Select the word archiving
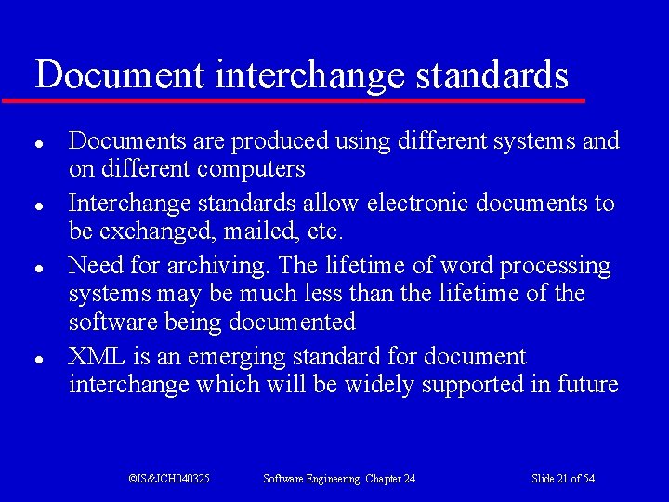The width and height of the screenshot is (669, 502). pyautogui.click(x=219, y=267)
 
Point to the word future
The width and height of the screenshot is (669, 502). pyautogui.click(x=588, y=385)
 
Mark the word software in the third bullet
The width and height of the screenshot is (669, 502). pyautogui.click(x=109, y=323)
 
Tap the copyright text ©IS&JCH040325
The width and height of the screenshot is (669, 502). pyautogui.click(x=168, y=479)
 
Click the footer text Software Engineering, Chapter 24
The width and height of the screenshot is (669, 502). pyautogui.click(x=339, y=479)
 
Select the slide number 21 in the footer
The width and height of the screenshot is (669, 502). pyautogui.click(x=562, y=479)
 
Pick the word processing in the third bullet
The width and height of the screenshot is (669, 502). pyautogui.click(x=555, y=267)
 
